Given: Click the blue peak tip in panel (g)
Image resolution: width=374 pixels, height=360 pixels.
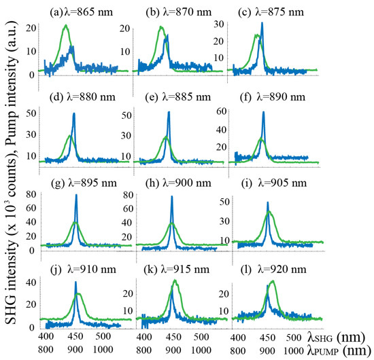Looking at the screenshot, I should [x=76, y=196].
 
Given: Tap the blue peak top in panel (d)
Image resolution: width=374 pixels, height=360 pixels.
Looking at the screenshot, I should [x=73, y=114].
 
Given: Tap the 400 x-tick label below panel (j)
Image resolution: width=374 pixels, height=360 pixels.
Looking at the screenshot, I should [x=46, y=336].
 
